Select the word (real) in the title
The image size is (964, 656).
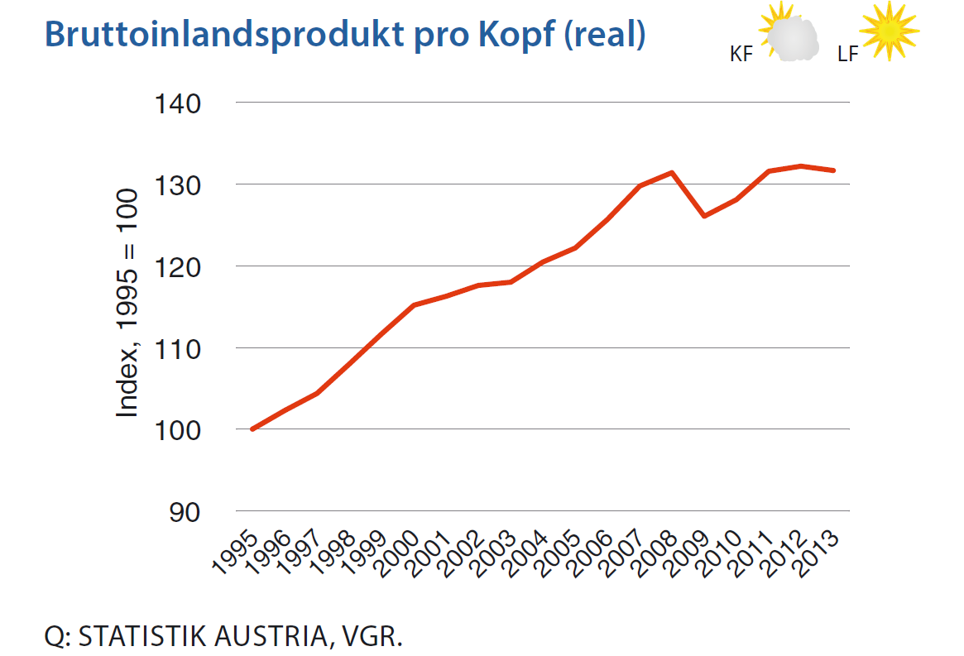click(605, 34)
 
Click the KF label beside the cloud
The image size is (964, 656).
click(741, 55)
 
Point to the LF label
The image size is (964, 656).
click(846, 55)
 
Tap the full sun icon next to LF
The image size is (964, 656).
click(890, 31)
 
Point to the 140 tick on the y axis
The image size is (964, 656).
click(178, 103)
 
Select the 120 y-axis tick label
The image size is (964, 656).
click(178, 266)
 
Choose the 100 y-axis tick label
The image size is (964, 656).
click(178, 430)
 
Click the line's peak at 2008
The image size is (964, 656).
click(672, 172)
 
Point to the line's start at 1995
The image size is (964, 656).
click(252, 429)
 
